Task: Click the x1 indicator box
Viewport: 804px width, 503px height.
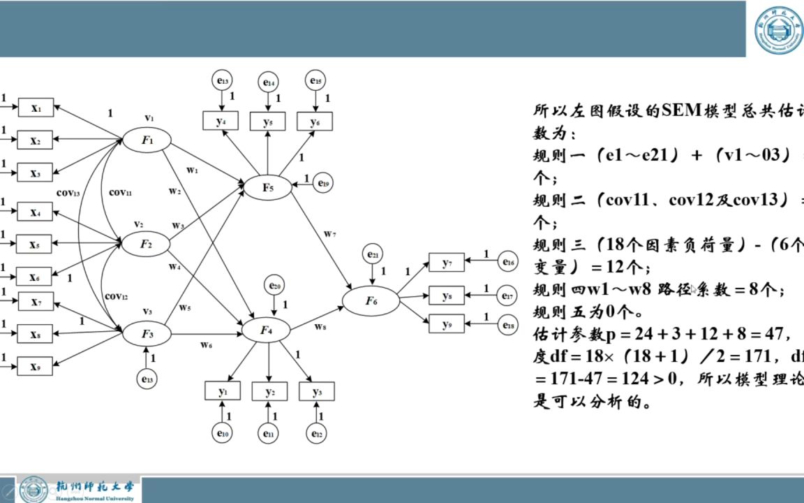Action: pyautogui.click(x=35, y=108)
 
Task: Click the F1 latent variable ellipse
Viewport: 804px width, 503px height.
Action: pyautogui.click(x=147, y=140)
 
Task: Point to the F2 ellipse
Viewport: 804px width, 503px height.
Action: pyautogui.click(x=147, y=244)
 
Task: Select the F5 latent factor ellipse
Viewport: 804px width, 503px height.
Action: pyautogui.click(x=268, y=187)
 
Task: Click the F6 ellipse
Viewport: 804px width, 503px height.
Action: pyautogui.click(x=371, y=301)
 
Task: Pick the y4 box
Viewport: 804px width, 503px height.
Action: pyautogui.click(x=221, y=121)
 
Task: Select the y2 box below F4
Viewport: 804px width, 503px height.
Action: pyautogui.click(x=269, y=392)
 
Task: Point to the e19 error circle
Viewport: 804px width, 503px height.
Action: pyautogui.click(x=323, y=183)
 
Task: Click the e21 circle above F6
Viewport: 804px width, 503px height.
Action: pyautogui.click(x=373, y=255)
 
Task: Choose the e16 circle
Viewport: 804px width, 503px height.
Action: pyautogui.click(x=509, y=263)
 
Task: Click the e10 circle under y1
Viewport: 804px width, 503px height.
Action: pyautogui.click(x=223, y=434)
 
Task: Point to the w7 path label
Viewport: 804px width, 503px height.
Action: pyautogui.click(x=329, y=233)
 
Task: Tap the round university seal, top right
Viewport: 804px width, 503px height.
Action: pyautogui.click(x=779, y=29)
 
